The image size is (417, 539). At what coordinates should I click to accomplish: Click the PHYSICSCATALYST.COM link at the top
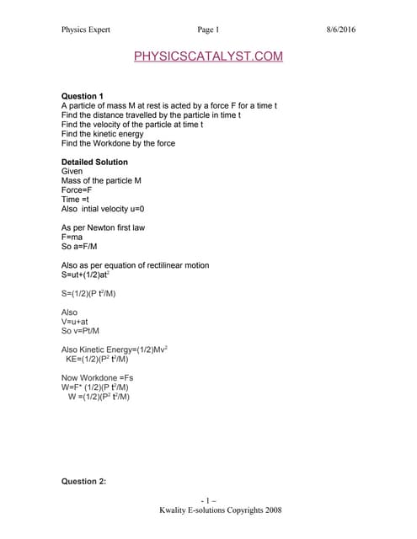(208, 56)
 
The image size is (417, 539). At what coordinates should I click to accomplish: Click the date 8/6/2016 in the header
(340, 30)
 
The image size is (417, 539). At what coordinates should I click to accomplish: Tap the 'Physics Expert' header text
(86, 30)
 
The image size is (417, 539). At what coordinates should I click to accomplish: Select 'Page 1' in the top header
(208, 30)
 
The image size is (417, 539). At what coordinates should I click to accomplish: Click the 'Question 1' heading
(84, 96)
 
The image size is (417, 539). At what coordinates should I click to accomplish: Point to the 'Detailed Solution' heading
(95, 162)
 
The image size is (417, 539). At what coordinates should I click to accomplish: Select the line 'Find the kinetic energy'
(102, 134)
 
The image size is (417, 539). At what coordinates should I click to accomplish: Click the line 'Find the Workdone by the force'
(118, 143)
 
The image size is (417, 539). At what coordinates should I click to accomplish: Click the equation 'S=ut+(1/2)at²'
(90, 275)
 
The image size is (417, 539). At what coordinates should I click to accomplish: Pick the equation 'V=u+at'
(75, 321)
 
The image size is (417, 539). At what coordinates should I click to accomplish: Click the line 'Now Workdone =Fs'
(98, 377)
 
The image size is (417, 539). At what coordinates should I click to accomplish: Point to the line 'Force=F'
(77, 189)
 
